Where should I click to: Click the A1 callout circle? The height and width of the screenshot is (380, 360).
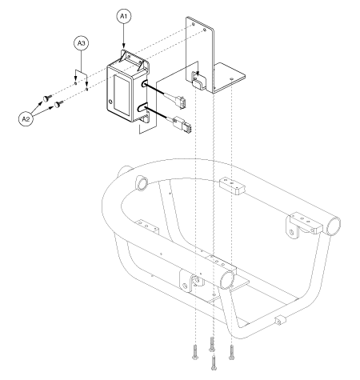124,16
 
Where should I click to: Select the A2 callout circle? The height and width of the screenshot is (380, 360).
26,118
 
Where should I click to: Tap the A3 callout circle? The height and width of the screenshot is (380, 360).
81,43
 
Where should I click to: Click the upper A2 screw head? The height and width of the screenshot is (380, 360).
46,98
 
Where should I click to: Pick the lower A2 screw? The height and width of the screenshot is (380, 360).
59,103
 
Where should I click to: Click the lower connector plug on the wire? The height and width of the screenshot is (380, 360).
185,125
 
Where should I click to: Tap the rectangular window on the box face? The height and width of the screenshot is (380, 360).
122,95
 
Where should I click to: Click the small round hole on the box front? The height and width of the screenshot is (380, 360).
110,102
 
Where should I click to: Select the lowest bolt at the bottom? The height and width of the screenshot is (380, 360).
214,362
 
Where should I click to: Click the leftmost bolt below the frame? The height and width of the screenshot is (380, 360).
194,352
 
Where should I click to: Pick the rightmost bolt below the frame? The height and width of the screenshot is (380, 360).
231,352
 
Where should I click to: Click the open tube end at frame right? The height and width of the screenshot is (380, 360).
334,226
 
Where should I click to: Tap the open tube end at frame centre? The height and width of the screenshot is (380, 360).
227,281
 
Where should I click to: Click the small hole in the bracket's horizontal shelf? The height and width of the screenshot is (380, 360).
231,78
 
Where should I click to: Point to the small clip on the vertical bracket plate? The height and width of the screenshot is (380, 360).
198,82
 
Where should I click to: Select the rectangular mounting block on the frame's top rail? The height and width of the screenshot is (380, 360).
232,186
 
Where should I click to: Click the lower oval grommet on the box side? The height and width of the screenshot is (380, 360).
143,108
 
